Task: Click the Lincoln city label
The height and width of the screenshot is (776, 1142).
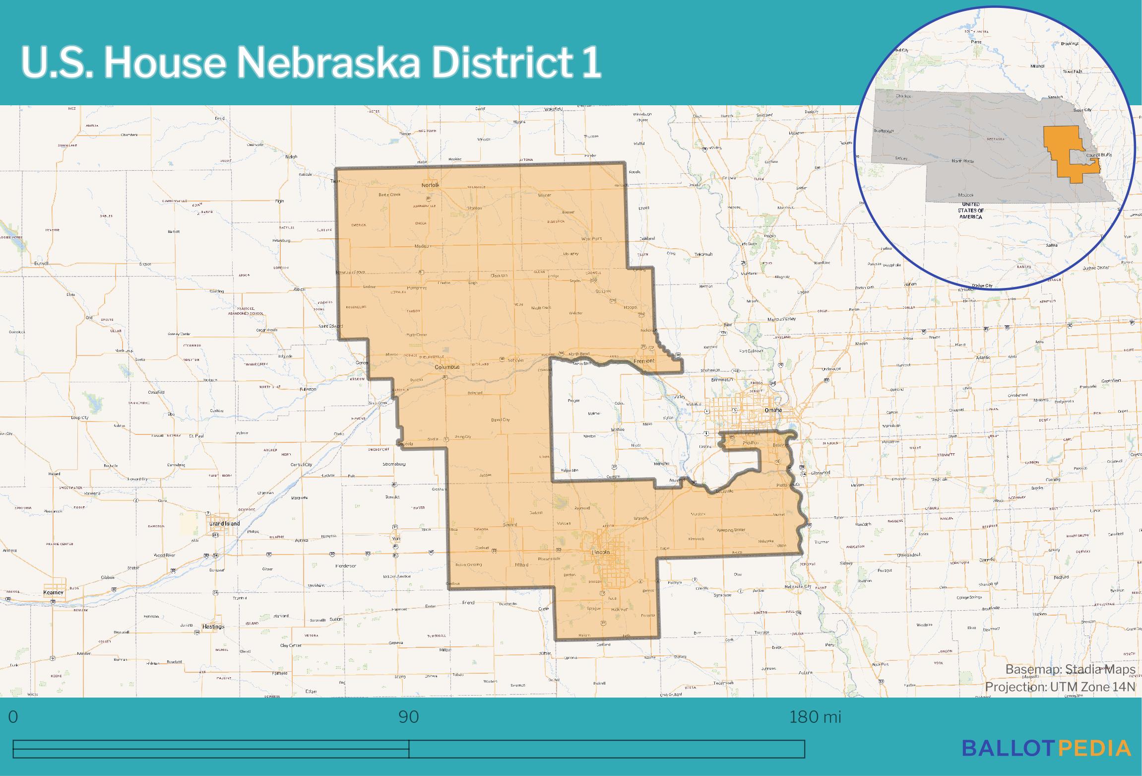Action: (x=600, y=552)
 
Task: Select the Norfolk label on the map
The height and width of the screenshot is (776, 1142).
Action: (x=430, y=185)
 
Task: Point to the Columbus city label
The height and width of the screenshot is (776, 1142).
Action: (x=447, y=367)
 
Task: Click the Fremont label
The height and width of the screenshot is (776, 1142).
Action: (x=644, y=360)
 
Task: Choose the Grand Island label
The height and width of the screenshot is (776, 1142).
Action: (x=224, y=523)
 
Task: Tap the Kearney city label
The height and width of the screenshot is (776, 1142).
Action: (x=54, y=592)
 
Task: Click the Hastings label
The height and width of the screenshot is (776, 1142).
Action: (x=213, y=627)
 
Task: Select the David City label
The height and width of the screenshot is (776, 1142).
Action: (x=500, y=420)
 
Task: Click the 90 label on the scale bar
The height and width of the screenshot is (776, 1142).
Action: (x=409, y=717)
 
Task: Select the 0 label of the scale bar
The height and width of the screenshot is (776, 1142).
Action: (x=13, y=717)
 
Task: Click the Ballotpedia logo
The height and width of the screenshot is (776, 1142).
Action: (x=1046, y=748)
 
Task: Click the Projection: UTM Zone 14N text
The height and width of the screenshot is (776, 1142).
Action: (x=1060, y=687)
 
